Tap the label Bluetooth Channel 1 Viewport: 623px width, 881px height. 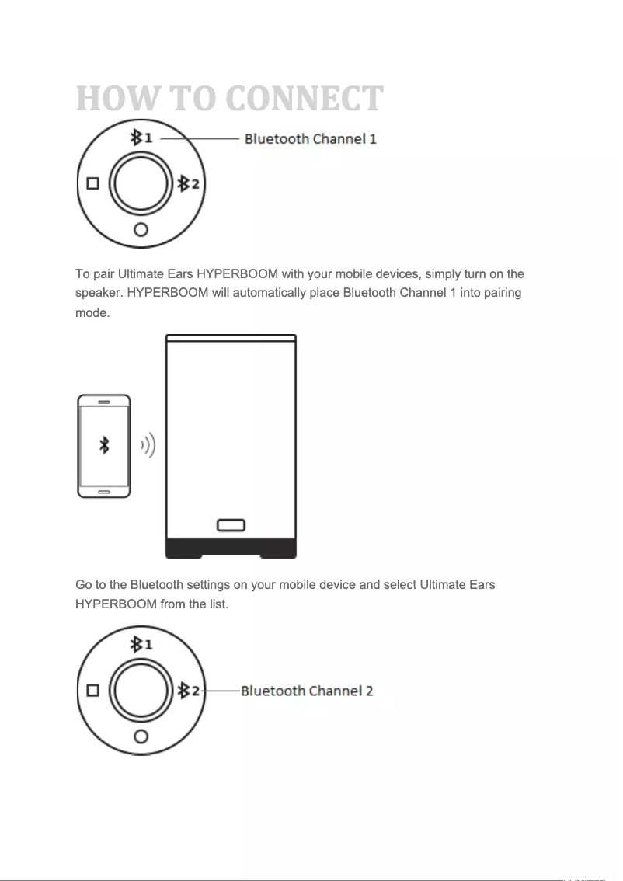tap(311, 139)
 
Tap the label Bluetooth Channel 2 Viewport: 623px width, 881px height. tap(307, 691)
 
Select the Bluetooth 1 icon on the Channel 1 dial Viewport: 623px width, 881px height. tap(141, 138)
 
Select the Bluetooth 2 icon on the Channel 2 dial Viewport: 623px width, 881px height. tap(189, 690)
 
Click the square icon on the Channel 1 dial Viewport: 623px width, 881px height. tap(93, 184)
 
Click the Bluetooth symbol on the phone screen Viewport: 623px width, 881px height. tap(103, 445)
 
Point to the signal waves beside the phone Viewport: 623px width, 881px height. tap(148, 446)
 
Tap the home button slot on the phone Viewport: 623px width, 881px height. tap(103, 492)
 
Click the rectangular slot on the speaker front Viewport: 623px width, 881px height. tap(231, 525)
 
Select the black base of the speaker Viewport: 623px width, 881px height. tap(231, 546)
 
